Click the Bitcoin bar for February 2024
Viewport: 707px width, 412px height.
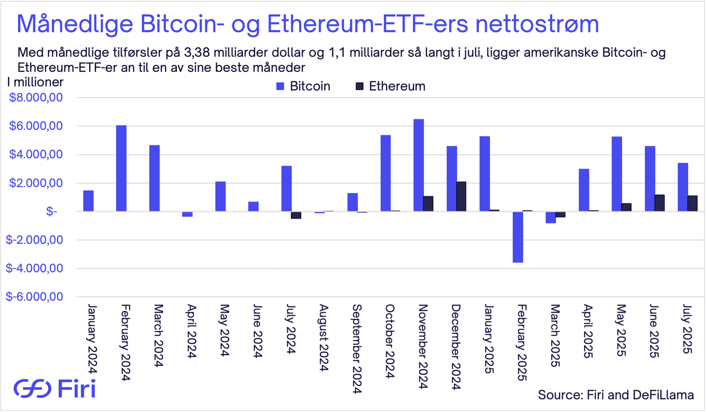121,168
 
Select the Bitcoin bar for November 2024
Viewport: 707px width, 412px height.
418,165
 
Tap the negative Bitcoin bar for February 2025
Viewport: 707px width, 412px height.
518,237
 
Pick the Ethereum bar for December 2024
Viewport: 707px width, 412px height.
461,196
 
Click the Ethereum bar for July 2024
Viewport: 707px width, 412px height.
296,215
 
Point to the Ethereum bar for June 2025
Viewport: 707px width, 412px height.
659,203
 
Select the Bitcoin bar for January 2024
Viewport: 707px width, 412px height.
88,201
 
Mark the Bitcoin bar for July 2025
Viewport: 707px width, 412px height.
683,187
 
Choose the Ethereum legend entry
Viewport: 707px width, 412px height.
390,86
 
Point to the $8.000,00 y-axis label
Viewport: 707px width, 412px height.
36,97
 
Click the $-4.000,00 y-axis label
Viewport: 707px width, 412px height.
34,268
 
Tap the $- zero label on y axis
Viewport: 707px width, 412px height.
52,212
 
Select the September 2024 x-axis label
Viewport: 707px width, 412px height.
357,348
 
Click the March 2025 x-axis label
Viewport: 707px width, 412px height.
555,335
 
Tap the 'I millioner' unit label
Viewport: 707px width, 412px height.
35,82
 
